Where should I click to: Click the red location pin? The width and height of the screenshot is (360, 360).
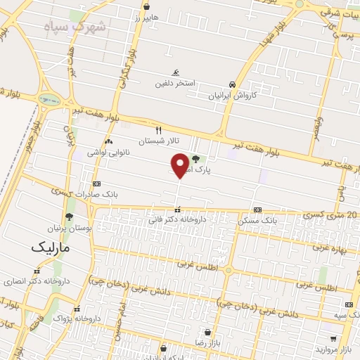[x=180, y=165]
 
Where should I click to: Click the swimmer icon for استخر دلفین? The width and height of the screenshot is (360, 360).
[x=176, y=72]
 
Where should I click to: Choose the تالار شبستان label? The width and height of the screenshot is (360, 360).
[x=158, y=141]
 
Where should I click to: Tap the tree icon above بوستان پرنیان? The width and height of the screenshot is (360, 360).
[x=69, y=217]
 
